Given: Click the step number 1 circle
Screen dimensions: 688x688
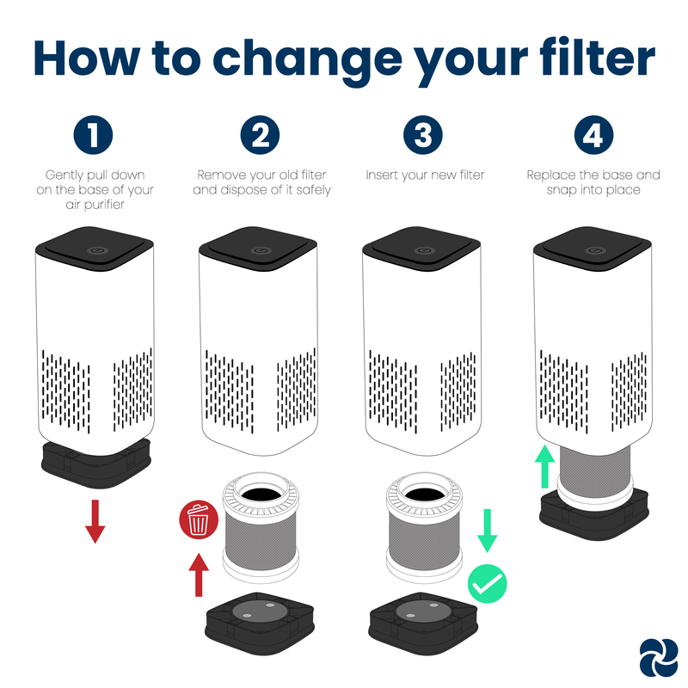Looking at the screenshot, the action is click(93, 135).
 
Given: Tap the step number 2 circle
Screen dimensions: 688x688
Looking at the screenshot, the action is click(260, 135).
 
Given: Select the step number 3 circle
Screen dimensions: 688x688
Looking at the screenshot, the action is click(423, 135).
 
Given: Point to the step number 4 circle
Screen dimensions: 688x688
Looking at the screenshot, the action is click(593, 135).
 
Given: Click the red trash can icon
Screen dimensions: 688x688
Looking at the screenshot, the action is click(199, 519).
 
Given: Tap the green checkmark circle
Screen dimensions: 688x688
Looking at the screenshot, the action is click(487, 584).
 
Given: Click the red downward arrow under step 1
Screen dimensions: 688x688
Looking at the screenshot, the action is click(95, 521).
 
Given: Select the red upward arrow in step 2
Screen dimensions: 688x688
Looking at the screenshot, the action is click(199, 574).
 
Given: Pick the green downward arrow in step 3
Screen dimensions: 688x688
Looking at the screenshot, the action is click(487, 531).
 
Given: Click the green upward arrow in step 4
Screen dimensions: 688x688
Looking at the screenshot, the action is click(545, 466).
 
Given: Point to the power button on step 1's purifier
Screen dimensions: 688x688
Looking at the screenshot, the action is click(95, 250).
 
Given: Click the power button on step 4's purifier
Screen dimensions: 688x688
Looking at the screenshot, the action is click(594, 250).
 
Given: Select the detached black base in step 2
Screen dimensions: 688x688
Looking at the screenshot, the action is click(260, 623).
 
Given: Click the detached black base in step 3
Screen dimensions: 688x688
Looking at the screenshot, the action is click(423, 623).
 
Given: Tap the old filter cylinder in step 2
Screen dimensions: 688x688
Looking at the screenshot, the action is click(261, 528).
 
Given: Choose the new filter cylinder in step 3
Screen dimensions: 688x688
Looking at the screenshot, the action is click(424, 528).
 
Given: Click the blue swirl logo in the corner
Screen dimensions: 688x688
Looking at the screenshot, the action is click(658, 658).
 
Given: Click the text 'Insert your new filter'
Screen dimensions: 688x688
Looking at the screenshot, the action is click(425, 175).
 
